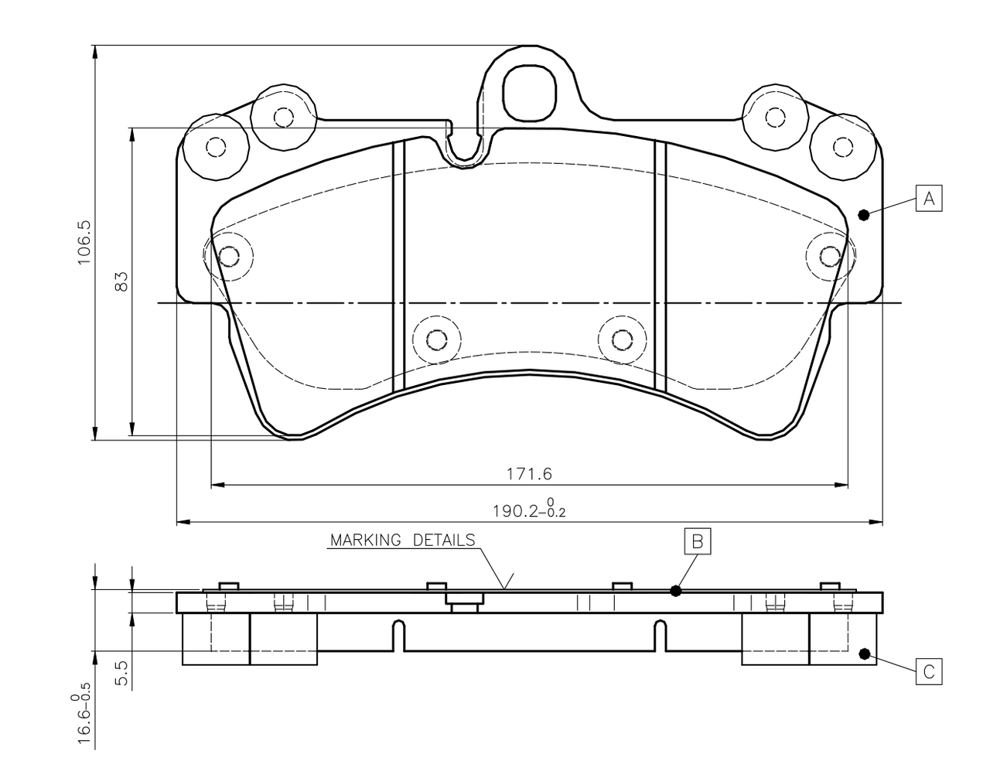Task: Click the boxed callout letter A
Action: (929, 198)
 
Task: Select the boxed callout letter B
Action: (696, 541)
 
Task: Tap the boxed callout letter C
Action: (929, 671)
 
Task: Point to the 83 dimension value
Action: (121, 281)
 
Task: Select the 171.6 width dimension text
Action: (529, 472)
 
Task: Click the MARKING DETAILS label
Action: (402, 540)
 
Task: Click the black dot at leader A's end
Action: (865, 215)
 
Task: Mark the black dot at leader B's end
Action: (675, 591)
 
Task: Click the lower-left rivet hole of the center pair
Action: (436, 339)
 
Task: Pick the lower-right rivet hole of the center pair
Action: (622, 339)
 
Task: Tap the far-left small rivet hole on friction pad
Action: (228, 255)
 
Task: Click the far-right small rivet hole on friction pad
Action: (830, 255)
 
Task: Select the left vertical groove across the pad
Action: (399, 267)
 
